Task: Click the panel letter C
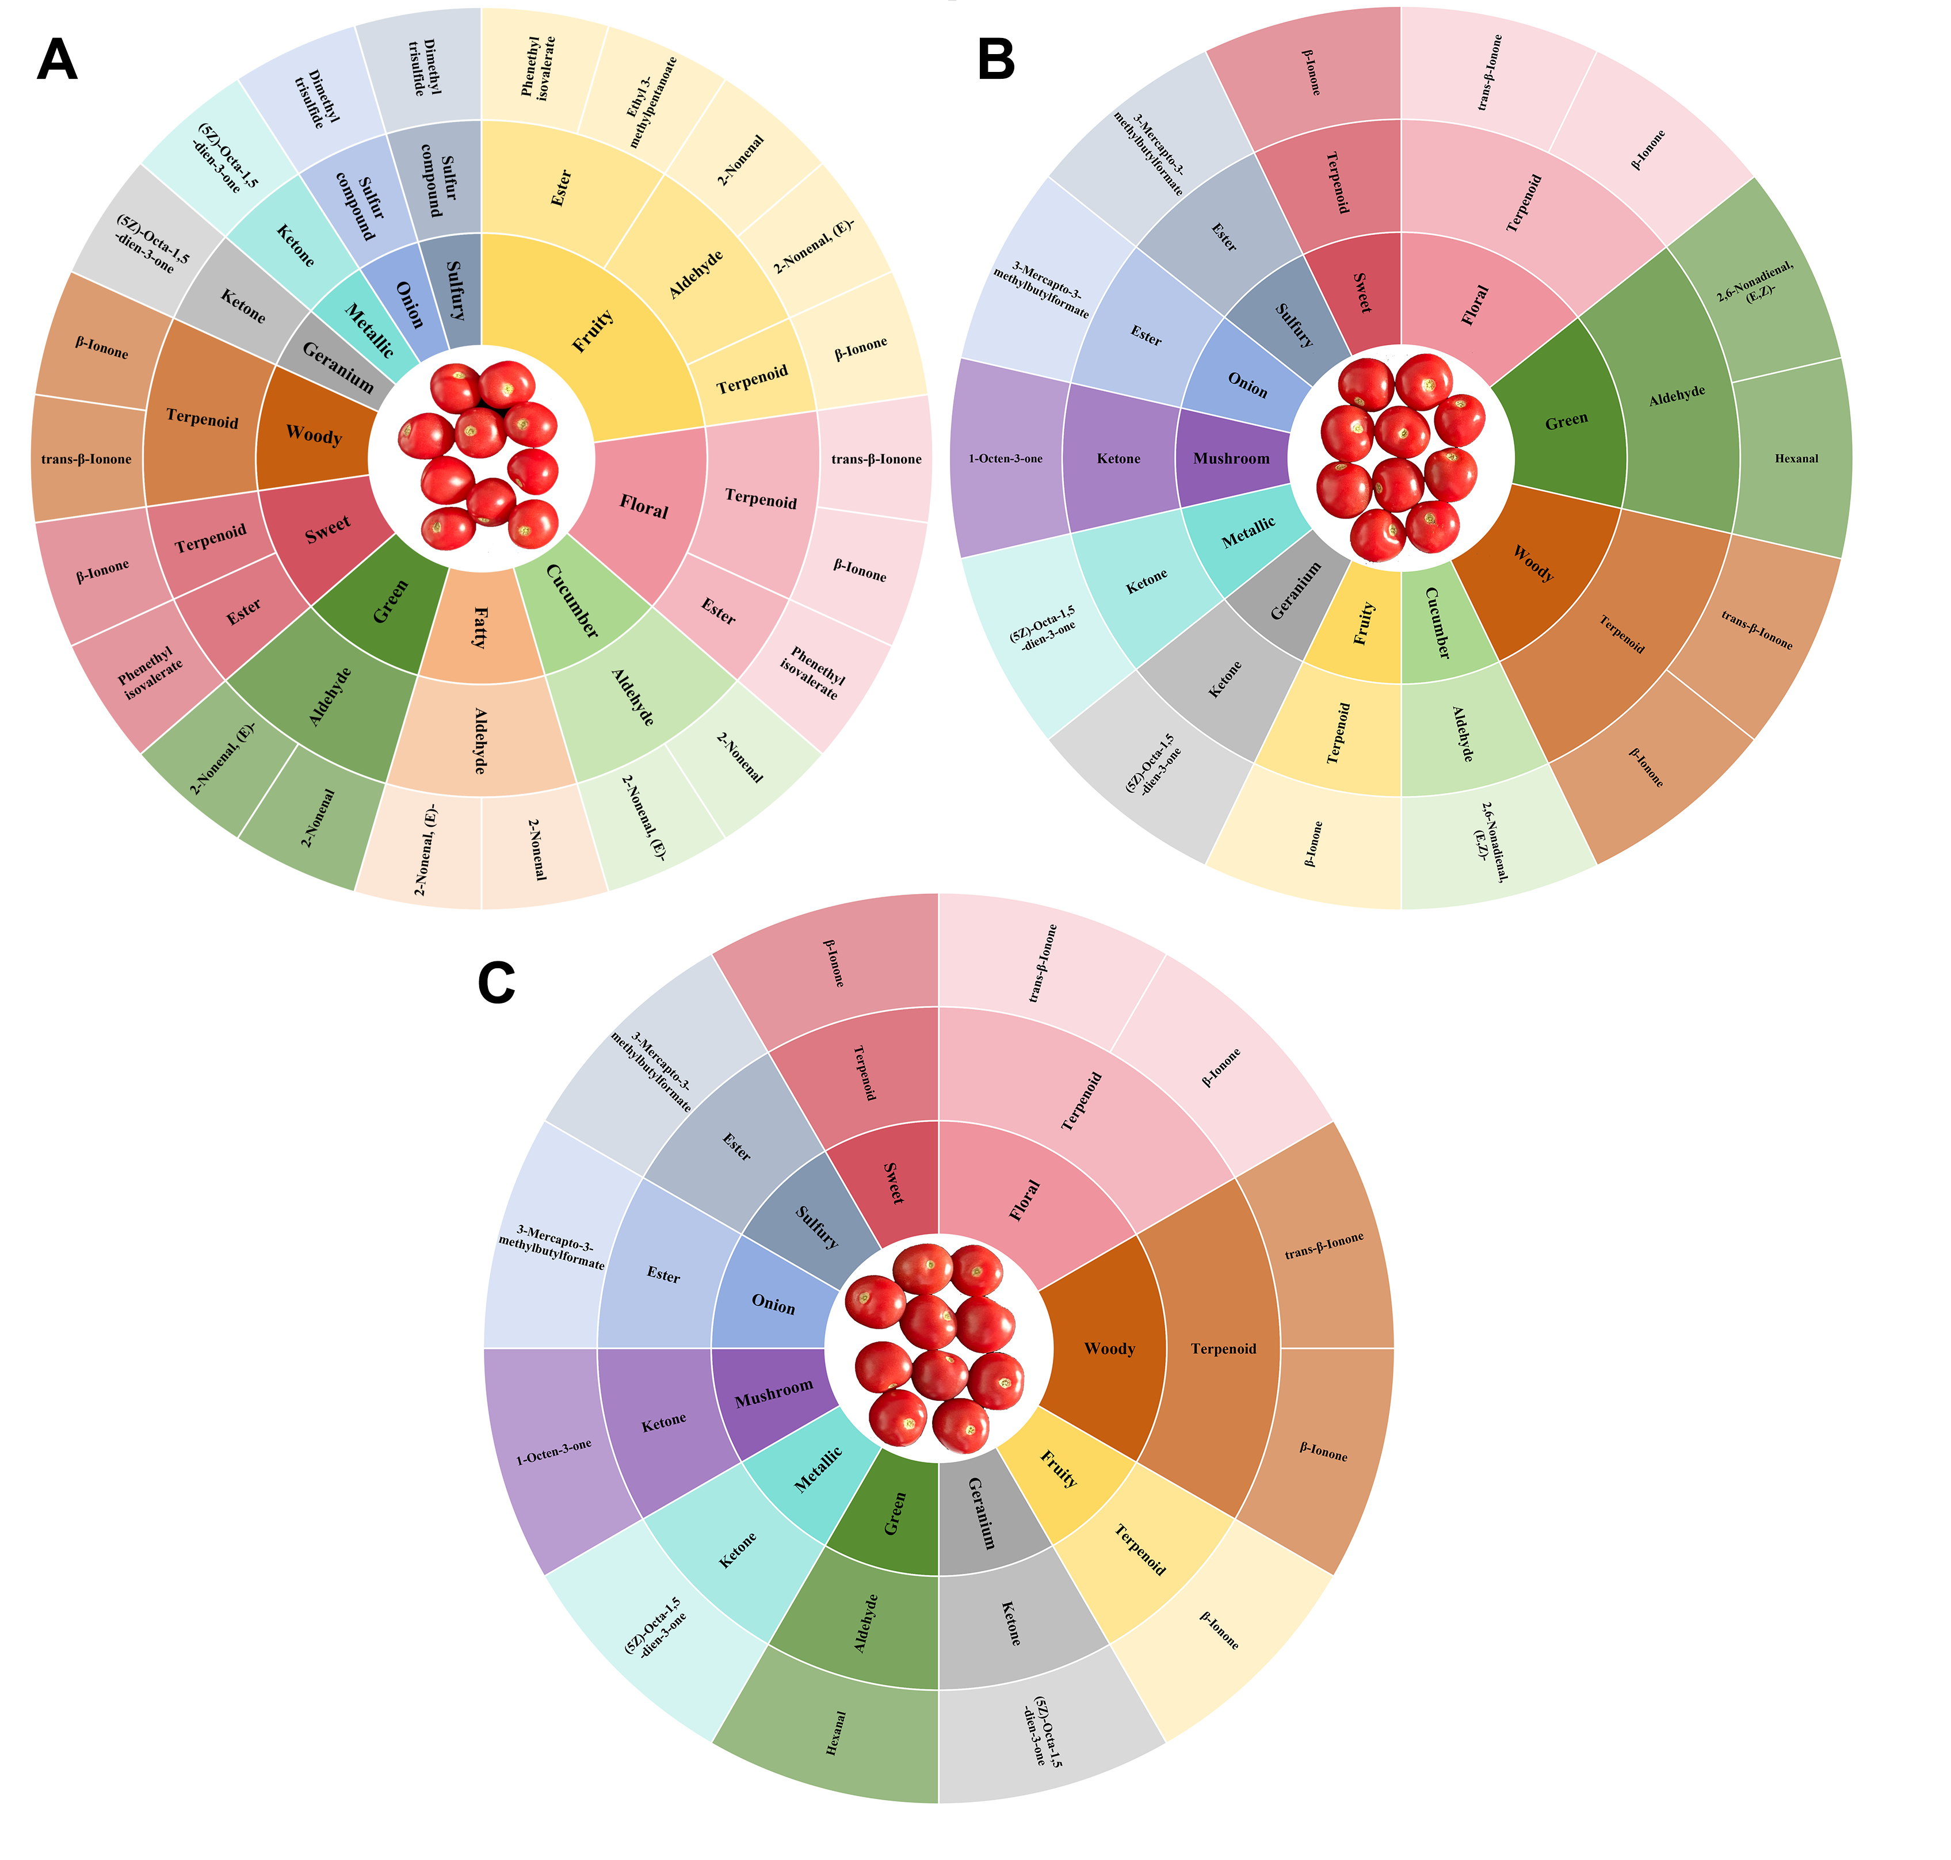pyautogui.click(x=496, y=984)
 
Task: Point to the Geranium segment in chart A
pyautogui.click(x=337, y=368)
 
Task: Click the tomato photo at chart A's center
pyautogui.click(x=482, y=457)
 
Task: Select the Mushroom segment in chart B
pyautogui.click(x=1231, y=458)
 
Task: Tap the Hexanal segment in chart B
pyautogui.click(x=1795, y=458)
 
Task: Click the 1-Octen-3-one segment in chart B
pyautogui.click(x=1006, y=458)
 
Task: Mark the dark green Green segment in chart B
pyautogui.click(x=1566, y=421)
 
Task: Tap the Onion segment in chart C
pyautogui.click(x=773, y=1304)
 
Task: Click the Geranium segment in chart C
pyautogui.click(x=982, y=1512)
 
